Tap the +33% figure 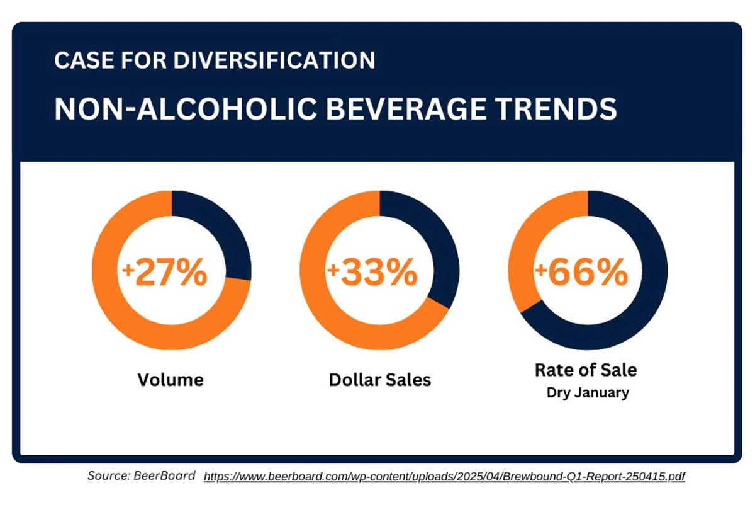point(373,273)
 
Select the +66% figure point(582,273)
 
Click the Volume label point(171,380)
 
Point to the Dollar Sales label point(380,380)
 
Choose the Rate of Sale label point(586,370)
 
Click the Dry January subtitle point(587,393)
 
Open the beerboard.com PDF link point(444,477)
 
